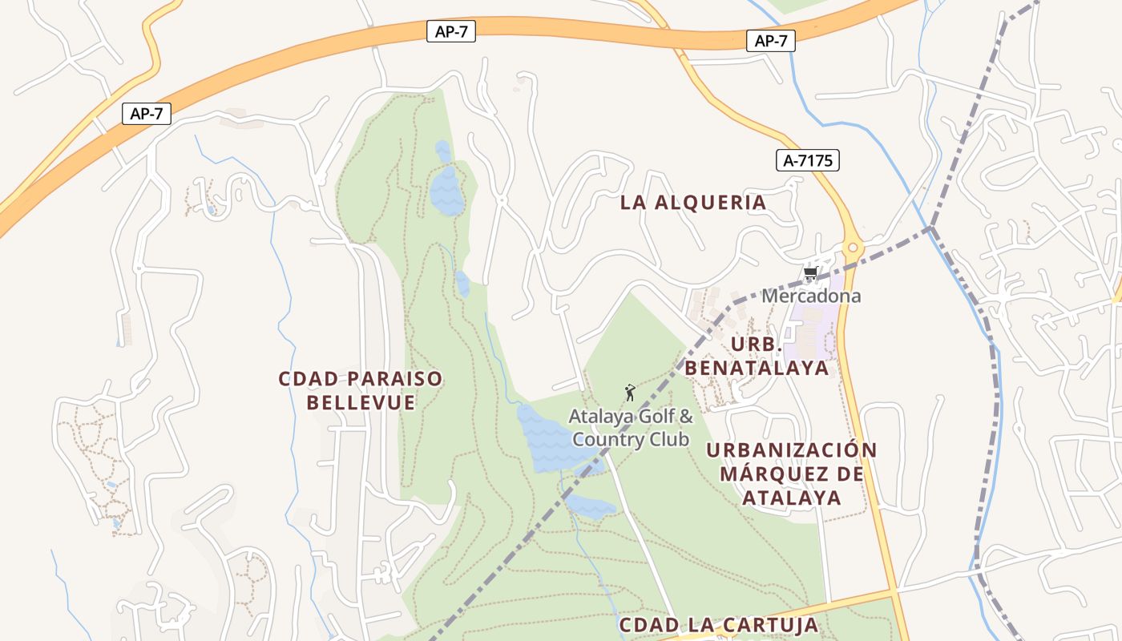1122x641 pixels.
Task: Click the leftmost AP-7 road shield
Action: (147, 114)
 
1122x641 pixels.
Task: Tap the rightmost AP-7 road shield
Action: (770, 41)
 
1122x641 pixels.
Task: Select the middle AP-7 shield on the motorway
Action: (451, 32)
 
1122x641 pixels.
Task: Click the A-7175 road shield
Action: (808, 160)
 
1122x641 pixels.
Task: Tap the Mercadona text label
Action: (811, 296)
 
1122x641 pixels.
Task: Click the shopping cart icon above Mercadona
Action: (810, 274)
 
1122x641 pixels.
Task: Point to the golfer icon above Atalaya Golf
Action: (630, 393)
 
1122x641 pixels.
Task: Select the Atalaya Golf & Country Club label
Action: (631, 428)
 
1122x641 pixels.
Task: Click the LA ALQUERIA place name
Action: (693, 203)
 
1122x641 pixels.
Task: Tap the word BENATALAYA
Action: (756, 368)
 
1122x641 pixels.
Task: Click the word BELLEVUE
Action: (361, 402)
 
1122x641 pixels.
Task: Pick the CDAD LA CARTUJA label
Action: (718, 625)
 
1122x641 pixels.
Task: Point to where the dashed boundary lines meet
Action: (930, 228)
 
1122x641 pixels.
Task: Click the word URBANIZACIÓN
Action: (791, 450)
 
